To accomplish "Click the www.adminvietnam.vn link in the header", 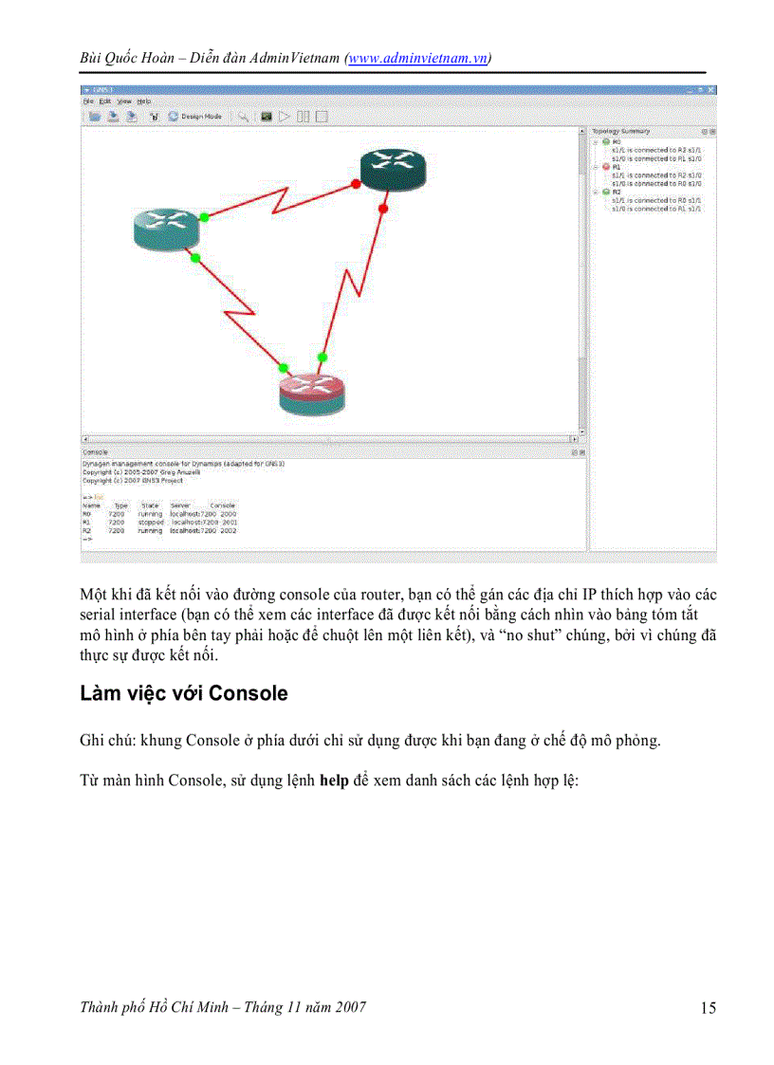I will (x=418, y=58).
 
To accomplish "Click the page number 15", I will (x=708, y=1008).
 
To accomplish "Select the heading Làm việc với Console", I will (x=184, y=693).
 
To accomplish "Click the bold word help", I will (x=334, y=782).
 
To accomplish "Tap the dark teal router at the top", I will (x=393, y=169).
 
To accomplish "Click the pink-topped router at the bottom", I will (x=312, y=392).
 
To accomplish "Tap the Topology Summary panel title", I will (x=621, y=131).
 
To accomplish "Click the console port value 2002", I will (x=228, y=531).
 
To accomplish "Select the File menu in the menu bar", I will (x=87, y=101).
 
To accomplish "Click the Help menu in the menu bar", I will (x=143, y=101).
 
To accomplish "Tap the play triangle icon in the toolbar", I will (x=284, y=117).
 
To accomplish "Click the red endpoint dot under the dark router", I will (x=383, y=208).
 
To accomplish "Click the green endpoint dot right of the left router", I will (x=204, y=217).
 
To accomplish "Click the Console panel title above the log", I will (x=96, y=452).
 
